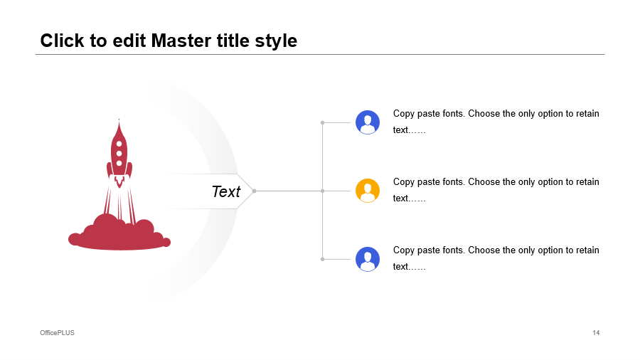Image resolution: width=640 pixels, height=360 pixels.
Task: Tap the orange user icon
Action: pos(368,191)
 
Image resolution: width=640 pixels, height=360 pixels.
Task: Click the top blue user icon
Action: pos(368,122)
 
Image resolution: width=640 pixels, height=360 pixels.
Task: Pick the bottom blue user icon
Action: pos(368,259)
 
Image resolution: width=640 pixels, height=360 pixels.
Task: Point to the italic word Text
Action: pos(226,191)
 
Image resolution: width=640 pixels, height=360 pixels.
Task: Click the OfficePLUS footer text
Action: pos(57,333)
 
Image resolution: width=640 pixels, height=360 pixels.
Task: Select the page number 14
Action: pos(596,333)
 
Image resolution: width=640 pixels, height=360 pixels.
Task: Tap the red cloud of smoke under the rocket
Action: pos(119,234)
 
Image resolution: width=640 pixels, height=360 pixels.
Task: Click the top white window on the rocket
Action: pos(119,144)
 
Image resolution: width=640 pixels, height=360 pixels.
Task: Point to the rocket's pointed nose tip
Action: pos(119,120)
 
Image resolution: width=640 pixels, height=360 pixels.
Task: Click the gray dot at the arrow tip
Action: pos(254,191)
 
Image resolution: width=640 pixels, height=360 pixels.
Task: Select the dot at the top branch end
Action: pos(322,122)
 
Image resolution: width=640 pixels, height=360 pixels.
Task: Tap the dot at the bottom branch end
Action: pos(322,259)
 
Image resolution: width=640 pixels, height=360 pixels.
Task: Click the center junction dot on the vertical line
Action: pos(322,191)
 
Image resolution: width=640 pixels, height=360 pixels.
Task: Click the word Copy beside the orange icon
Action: pos(404,182)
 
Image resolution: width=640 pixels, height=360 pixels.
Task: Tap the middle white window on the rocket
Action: pos(119,154)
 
